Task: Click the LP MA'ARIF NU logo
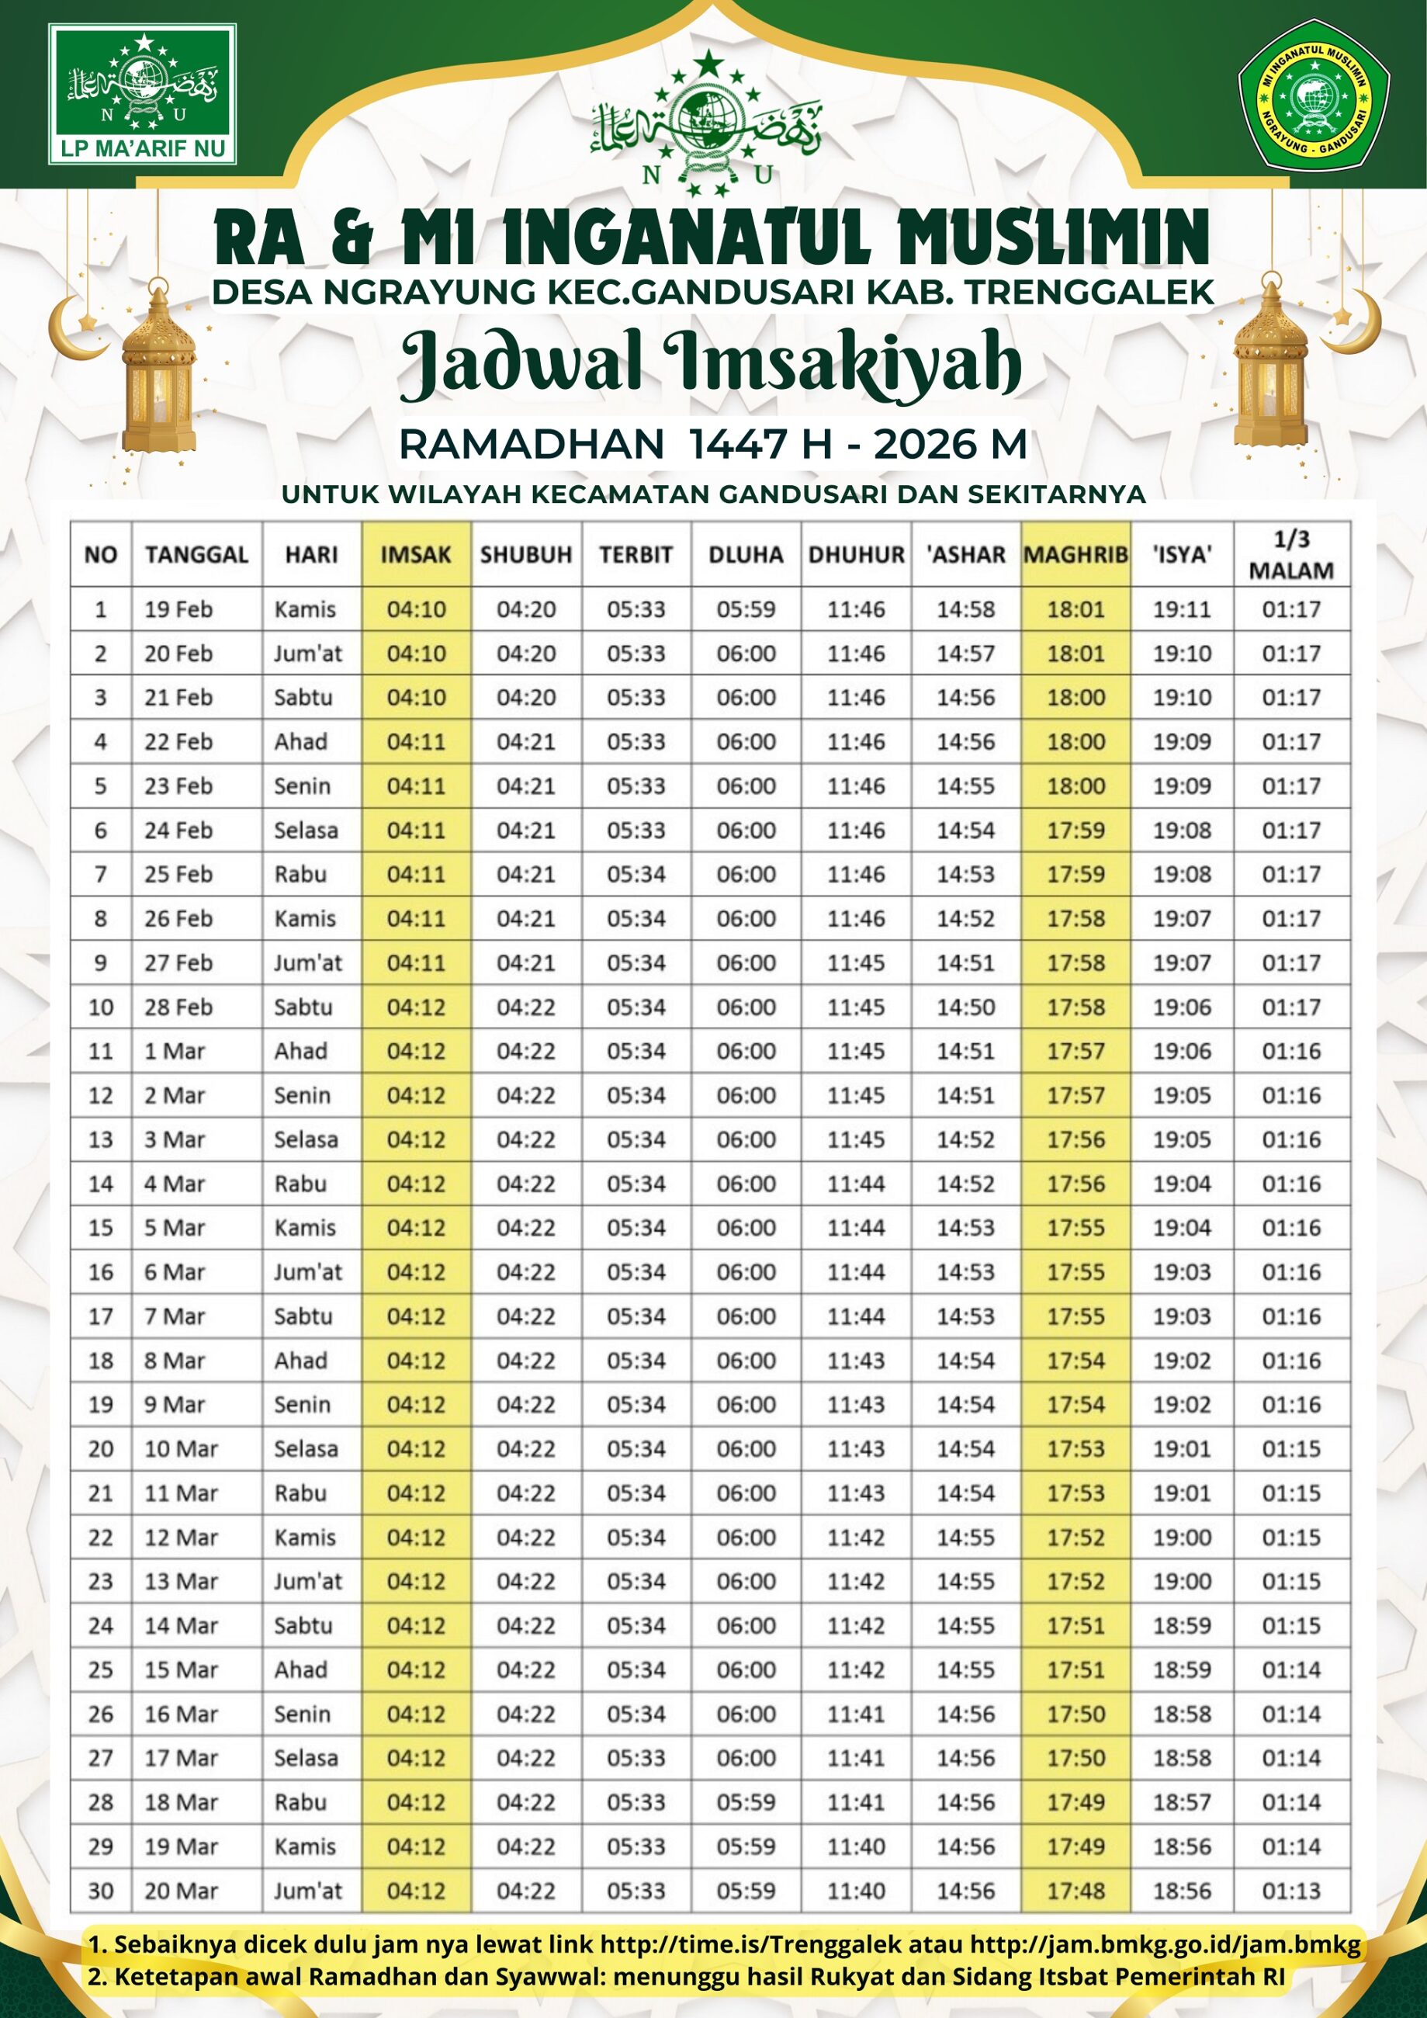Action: (x=142, y=94)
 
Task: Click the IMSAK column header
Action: (x=416, y=555)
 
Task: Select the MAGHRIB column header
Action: (x=1075, y=555)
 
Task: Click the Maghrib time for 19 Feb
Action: (x=1075, y=609)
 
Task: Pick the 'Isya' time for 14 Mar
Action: (x=1182, y=1625)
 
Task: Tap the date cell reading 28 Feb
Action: (x=178, y=1007)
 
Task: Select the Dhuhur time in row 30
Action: (x=856, y=1891)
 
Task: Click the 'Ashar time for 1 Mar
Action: (x=965, y=1050)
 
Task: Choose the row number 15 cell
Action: (x=101, y=1227)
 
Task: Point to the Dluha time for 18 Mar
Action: (x=746, y=1801)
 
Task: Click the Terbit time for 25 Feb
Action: (x=636, y=874)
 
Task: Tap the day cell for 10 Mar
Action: (x=306, y=1448)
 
